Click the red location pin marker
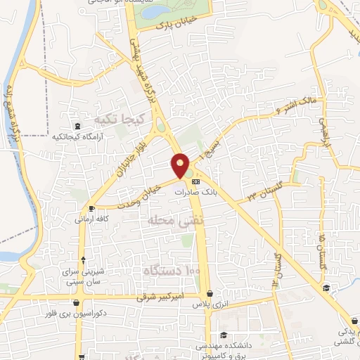181,166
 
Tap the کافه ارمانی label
91,219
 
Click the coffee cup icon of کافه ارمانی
91,209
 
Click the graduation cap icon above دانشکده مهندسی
224,335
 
